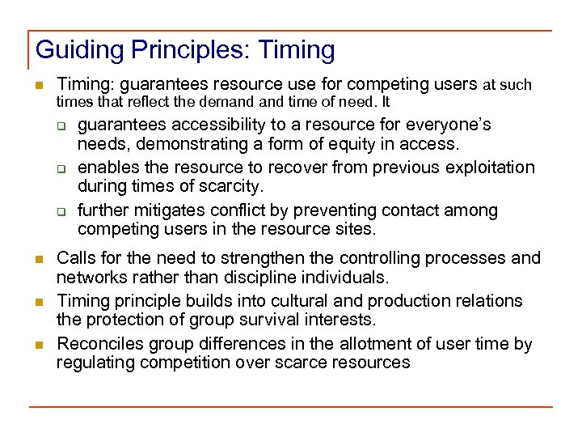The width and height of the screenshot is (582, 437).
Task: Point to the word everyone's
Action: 450,125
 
